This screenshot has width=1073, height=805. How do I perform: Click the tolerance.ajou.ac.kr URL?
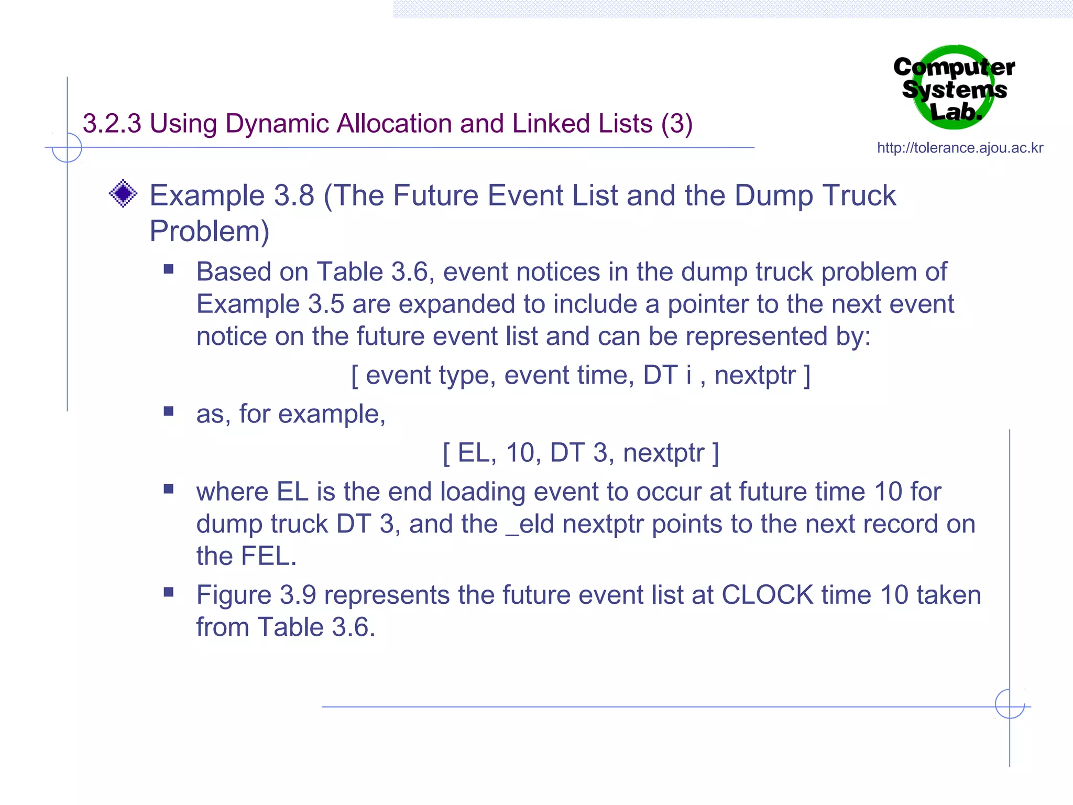(960, 148)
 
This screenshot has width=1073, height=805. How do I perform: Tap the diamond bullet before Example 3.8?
(123, 193)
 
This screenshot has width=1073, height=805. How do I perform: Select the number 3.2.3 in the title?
(112, 124)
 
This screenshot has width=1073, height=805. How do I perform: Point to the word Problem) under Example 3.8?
(209, 231)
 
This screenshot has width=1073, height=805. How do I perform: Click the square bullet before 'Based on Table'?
(168, 269)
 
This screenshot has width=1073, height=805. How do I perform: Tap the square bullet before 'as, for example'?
(168, 411)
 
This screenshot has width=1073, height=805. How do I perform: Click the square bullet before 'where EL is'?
(168, 489)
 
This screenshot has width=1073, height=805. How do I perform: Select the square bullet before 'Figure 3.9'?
(168, 593)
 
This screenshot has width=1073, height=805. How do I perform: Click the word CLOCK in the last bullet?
(767, 595)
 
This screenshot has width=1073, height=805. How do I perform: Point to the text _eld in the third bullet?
(530, 524)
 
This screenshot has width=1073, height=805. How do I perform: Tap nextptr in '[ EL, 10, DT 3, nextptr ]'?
(663, 453)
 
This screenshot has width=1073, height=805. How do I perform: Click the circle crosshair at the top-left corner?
(67, 148)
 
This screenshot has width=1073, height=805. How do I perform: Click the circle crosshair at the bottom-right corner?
(1010, 704)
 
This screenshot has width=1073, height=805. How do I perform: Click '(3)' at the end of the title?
(676, 124)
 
